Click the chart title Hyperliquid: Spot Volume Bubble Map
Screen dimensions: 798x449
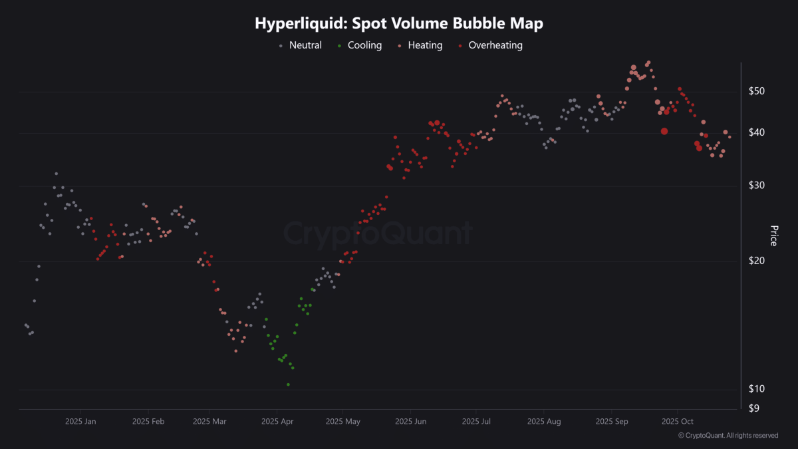click(x=399, y=23)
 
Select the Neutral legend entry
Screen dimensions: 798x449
click(x=301, y=45)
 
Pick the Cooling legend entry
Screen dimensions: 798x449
click(x=360, y=45)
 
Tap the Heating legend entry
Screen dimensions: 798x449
click(x=420, y=45)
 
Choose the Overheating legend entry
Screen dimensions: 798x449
click(x=491, y=45)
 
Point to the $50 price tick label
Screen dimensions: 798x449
click(x=756, y=91)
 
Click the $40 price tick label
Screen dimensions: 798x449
click(x=756, y=132)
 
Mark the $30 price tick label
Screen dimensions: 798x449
click(x=756, y=186)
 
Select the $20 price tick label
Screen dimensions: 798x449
click(x=756, y=261)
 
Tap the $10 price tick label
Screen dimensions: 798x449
click(x=756, y=388)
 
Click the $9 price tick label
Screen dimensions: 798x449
click(x=754, y=408)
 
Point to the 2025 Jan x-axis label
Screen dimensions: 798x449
click(x=80, y=422)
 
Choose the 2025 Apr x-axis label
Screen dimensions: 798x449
click(x=277, y=422)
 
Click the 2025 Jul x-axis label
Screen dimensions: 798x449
click(x=476, y=422)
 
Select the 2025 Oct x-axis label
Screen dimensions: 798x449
click(x=677, y=422)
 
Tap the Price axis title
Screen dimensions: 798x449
click(x=774, y=235)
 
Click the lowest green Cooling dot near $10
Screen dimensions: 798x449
click(x=288, y=384)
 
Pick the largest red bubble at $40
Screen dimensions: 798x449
click(x=664, y=132)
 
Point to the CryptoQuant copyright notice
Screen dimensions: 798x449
click(x=728, y=436)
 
